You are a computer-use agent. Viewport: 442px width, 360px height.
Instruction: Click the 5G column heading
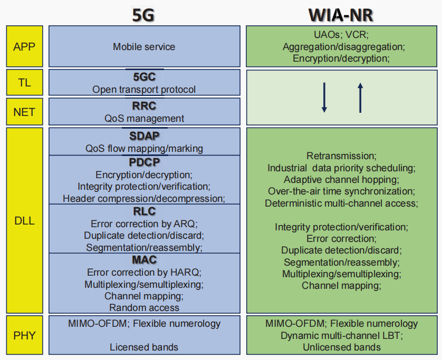(143, 14)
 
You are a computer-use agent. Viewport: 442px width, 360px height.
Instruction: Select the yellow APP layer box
(24, 46)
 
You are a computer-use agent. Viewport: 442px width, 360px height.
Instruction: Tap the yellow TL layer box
(24, 82)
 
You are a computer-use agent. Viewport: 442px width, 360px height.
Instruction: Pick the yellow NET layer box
(24, 112)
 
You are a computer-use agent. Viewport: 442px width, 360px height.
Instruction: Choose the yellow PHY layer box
(24, 335)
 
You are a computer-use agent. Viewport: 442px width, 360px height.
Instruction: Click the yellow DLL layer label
(24, 221)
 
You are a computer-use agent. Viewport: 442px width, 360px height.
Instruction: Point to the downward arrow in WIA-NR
(324, 98)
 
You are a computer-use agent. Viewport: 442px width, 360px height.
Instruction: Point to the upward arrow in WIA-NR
(360, 98)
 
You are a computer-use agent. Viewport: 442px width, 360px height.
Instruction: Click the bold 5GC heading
(144, 77)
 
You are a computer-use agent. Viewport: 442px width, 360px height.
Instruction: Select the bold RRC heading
(144, 106)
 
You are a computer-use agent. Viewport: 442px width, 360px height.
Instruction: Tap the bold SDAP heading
(144, 136)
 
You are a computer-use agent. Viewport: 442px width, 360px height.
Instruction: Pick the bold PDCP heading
(144, 162)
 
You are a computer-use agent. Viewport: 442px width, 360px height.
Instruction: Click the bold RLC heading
(144, 211)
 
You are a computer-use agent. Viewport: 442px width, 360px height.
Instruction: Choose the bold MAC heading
(144, 260)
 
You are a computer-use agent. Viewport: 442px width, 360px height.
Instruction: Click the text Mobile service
(144, 47)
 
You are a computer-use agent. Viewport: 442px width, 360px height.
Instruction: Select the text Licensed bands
(144, 347)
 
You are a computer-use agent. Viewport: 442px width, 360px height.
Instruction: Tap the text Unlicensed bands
(342, 347)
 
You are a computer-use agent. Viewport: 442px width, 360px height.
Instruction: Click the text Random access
(144, 307)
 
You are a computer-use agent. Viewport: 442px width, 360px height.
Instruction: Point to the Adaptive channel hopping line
(341, 180)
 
